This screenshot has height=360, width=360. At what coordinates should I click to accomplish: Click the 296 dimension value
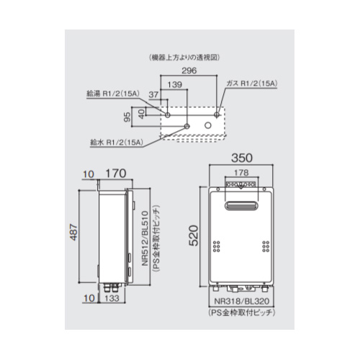(189, 71)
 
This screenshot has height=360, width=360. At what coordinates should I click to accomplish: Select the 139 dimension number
(175, 84)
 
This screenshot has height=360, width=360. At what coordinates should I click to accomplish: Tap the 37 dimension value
(153, 94)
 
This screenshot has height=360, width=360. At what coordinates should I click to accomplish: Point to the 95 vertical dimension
(128, 117)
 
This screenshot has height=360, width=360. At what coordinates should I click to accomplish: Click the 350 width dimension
(242, 158)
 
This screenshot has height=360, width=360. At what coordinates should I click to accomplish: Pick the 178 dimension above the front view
(241, 173)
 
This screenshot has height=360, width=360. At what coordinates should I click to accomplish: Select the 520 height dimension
(194, 235)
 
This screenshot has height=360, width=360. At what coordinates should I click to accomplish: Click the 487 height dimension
(74, 232)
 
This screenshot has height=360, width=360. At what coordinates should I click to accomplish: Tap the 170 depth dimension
(116, 174)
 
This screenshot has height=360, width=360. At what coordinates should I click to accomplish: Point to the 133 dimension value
(112, 298)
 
